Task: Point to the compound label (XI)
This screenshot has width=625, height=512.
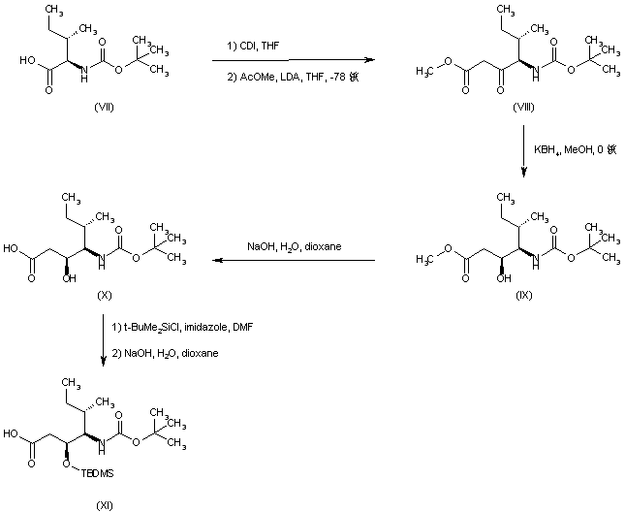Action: (105, 504)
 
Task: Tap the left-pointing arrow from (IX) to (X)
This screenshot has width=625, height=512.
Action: (291, 260)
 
